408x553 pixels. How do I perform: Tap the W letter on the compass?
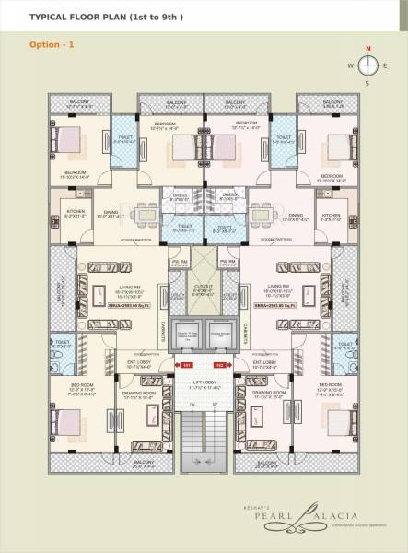pyautogui.click(x=351, y=65)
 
